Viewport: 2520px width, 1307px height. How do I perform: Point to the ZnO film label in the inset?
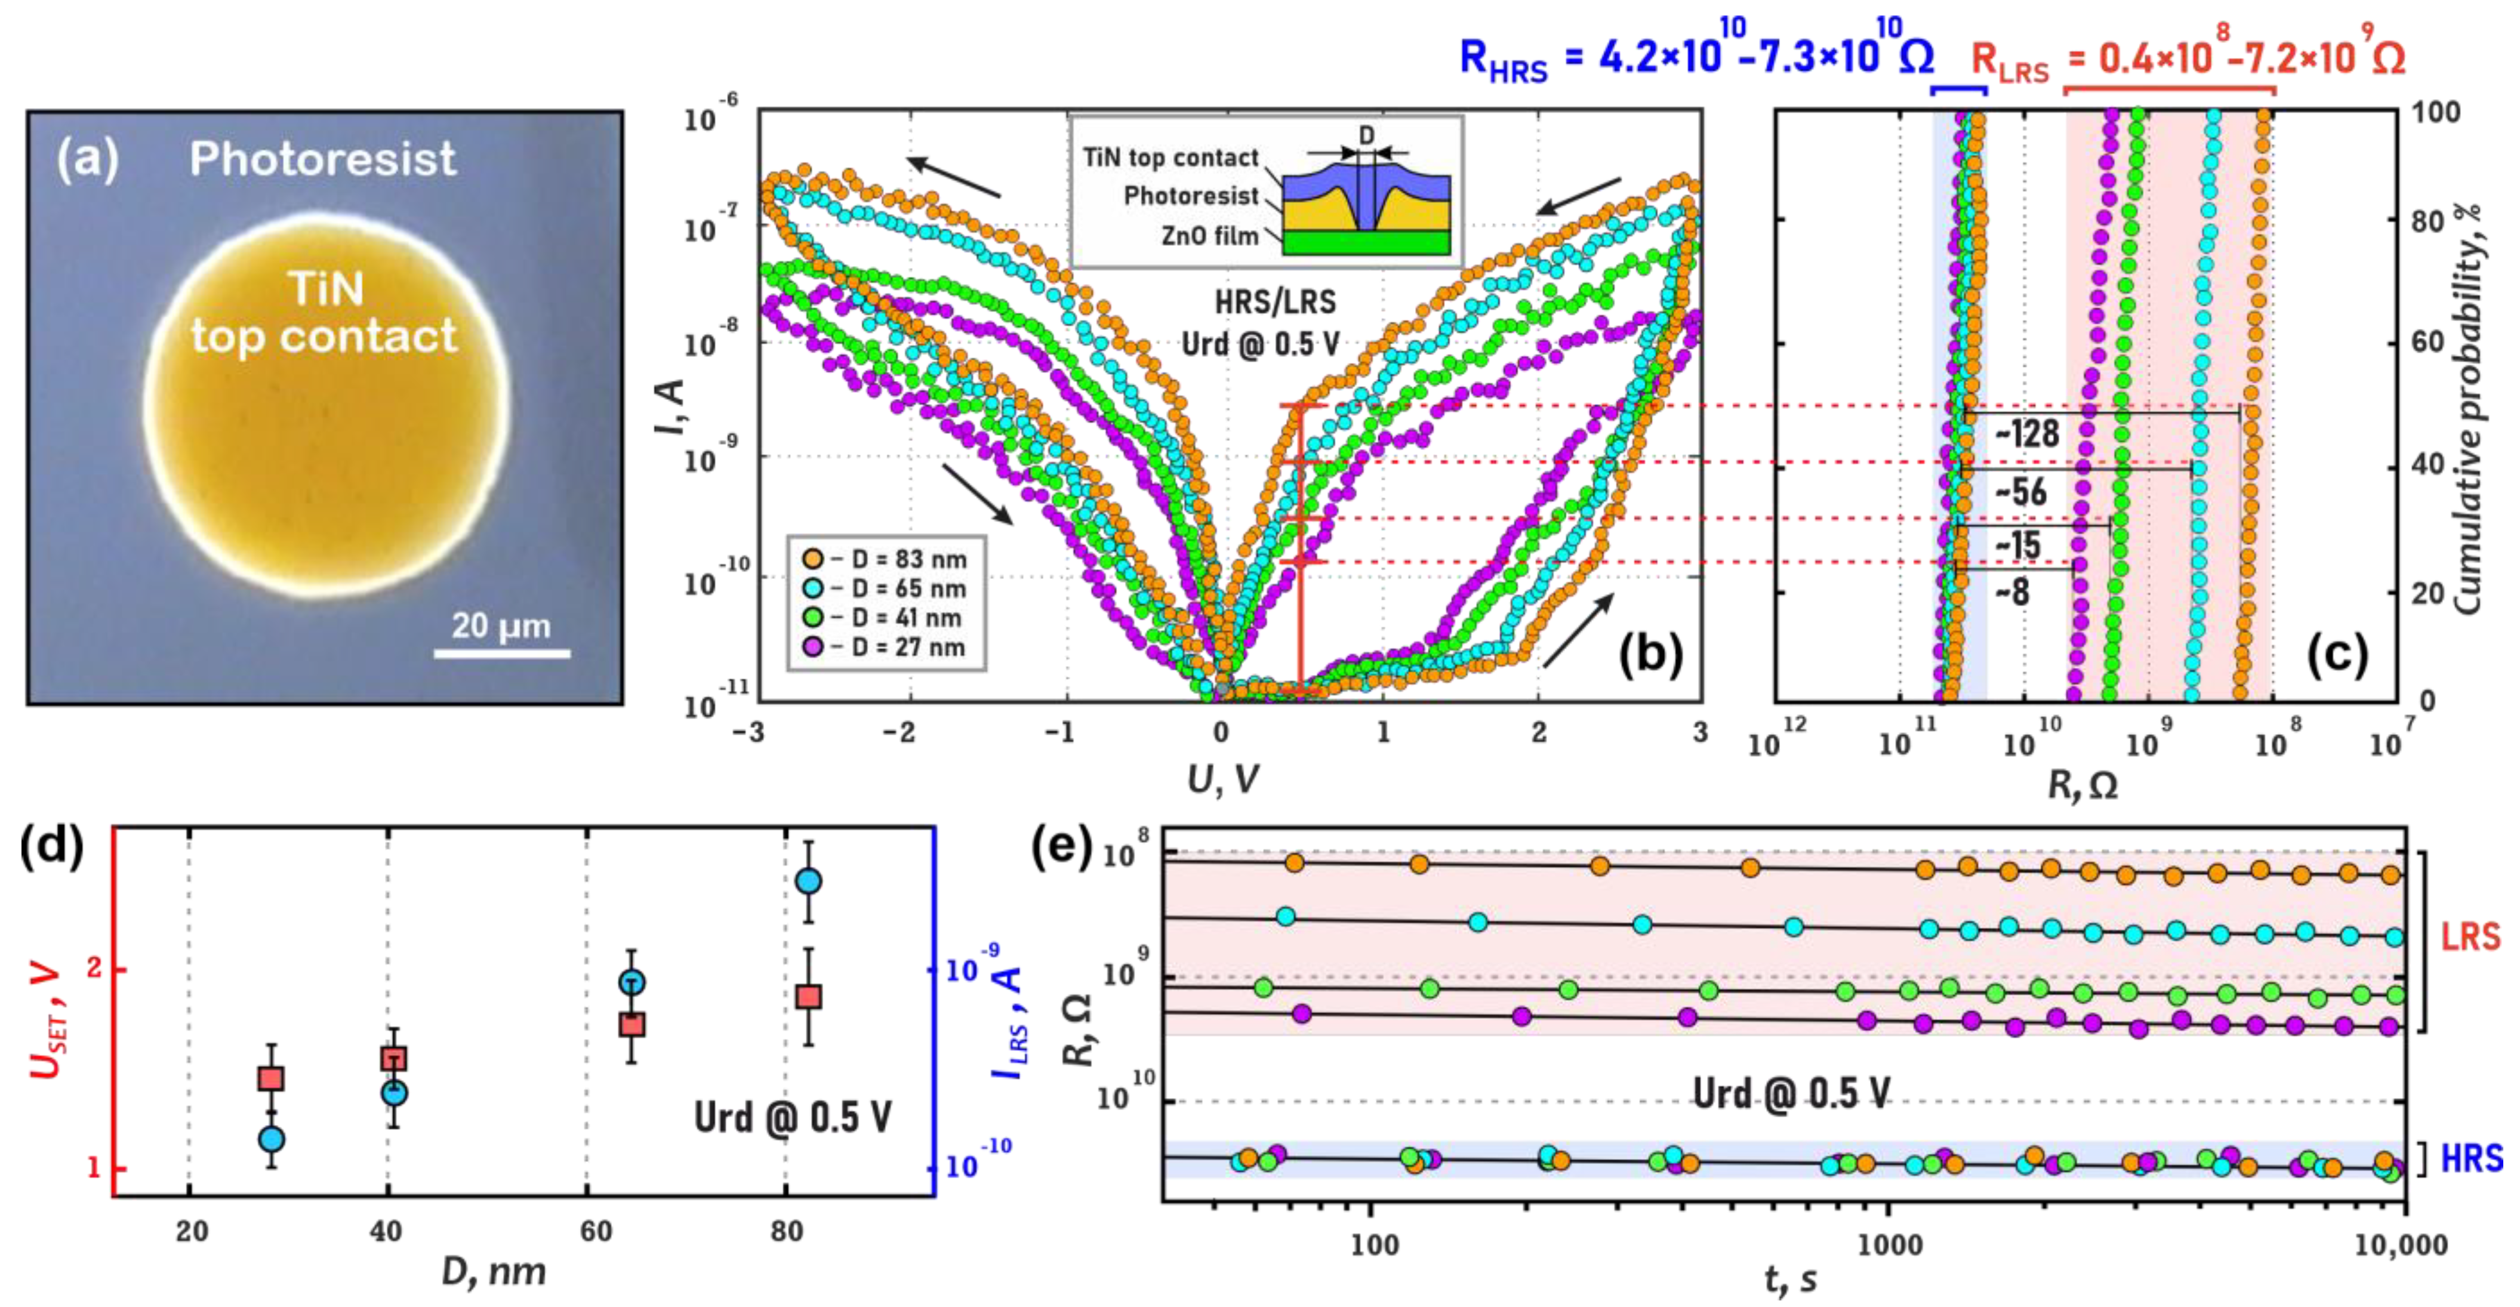pos(1209,236)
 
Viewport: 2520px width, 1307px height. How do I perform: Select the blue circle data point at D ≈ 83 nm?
pos(808,881)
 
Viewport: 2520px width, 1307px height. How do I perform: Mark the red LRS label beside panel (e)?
pos(2470,937)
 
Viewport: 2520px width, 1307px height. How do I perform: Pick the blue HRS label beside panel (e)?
pos(2471,1158)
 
